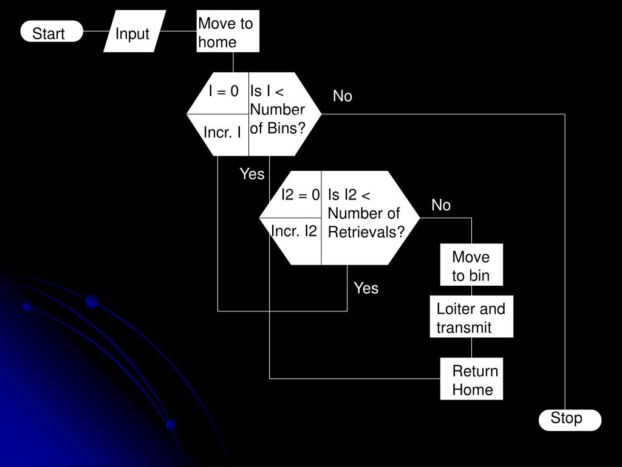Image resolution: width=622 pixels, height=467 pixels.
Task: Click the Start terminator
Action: click(x=51, y=32)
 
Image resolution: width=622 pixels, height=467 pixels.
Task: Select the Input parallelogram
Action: click(x=134, y=32)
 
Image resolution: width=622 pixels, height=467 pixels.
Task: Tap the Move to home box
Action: click(x=228, y=32)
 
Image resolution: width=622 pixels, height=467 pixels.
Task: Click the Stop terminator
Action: click(x=569, y=420)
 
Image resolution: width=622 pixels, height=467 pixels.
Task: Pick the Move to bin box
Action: click(x=471, y=266)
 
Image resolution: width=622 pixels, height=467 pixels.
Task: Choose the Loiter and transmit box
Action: click(x=471, y=317)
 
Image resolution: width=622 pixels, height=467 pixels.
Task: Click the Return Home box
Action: click(x=471, y=379)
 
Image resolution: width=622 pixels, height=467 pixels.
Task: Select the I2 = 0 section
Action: click(x=299, y=195)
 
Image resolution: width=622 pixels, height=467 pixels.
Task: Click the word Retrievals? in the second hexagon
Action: click(x=366, y=233)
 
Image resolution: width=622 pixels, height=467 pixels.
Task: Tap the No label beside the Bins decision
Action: click(x=343, y=97)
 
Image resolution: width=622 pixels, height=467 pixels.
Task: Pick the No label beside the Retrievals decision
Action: click(x=441, y=206)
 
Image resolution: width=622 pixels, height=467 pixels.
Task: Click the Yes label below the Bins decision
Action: click(x=252, y=175)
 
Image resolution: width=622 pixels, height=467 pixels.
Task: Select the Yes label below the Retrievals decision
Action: click(x=366, y=288)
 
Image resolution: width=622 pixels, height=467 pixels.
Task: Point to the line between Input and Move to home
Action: click(x=180, y=32)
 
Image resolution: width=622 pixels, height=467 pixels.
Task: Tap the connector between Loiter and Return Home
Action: click(x=472, y=347)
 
